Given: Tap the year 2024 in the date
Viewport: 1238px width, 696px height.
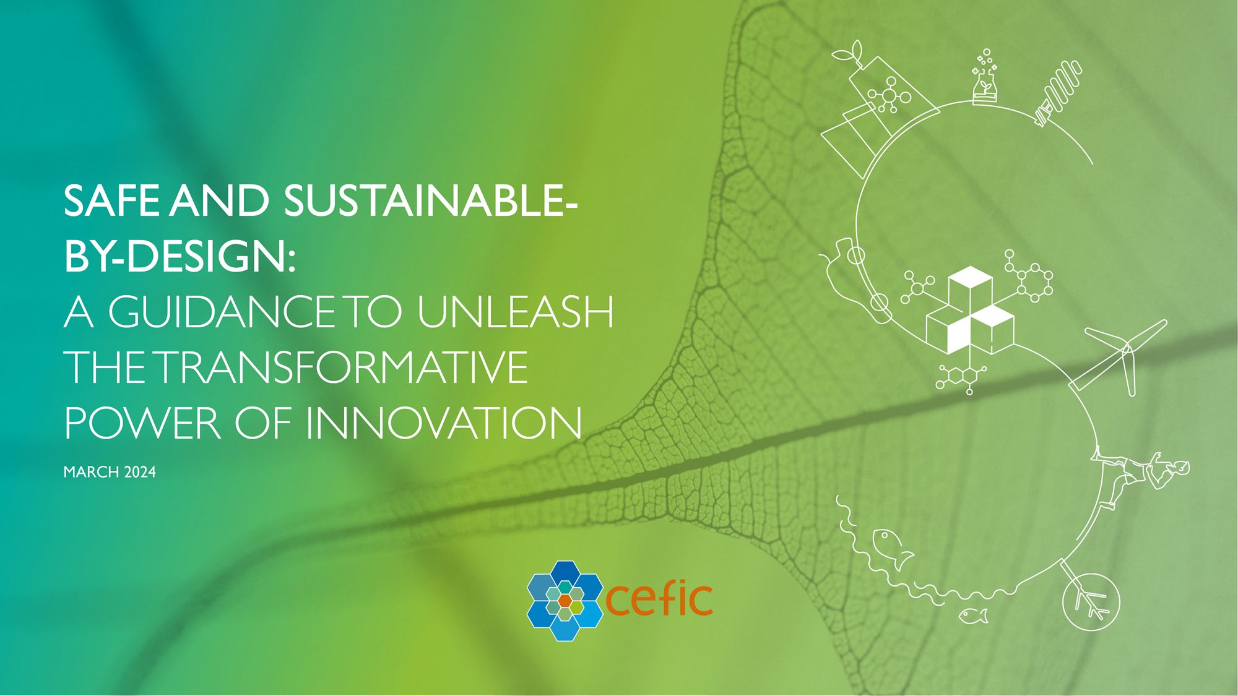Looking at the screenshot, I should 140,472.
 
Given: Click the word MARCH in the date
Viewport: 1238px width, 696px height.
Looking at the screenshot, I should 91,472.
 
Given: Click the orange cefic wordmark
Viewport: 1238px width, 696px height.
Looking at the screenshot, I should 659,599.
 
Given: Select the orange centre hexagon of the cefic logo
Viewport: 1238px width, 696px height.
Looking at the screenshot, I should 565,601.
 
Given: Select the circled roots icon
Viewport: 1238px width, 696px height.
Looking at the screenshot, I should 1091,601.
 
